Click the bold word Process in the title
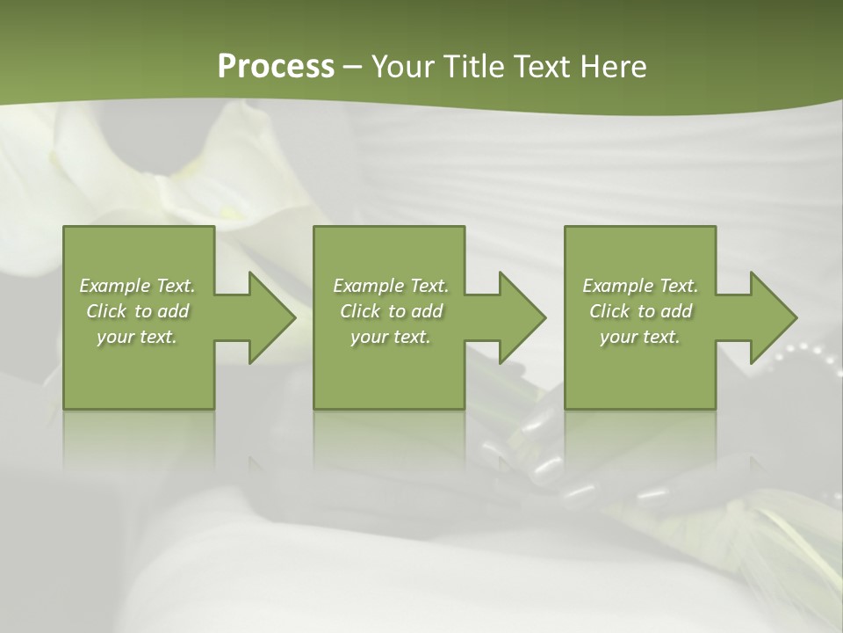coord(276,67)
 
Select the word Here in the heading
coord(612,67)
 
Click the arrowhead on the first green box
coord(269,317)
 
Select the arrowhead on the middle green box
coord(519,317)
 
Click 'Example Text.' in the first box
coord(138,286)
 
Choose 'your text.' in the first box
coord(138,337)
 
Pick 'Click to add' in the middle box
coord(392,311)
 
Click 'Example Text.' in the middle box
coord(391,286)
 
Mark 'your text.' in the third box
coord(640,337)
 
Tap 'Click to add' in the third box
coord(641,311)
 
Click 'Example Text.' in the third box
coord(640,286)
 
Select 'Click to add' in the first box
coord(138,311)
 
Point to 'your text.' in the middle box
coord(391,337)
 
